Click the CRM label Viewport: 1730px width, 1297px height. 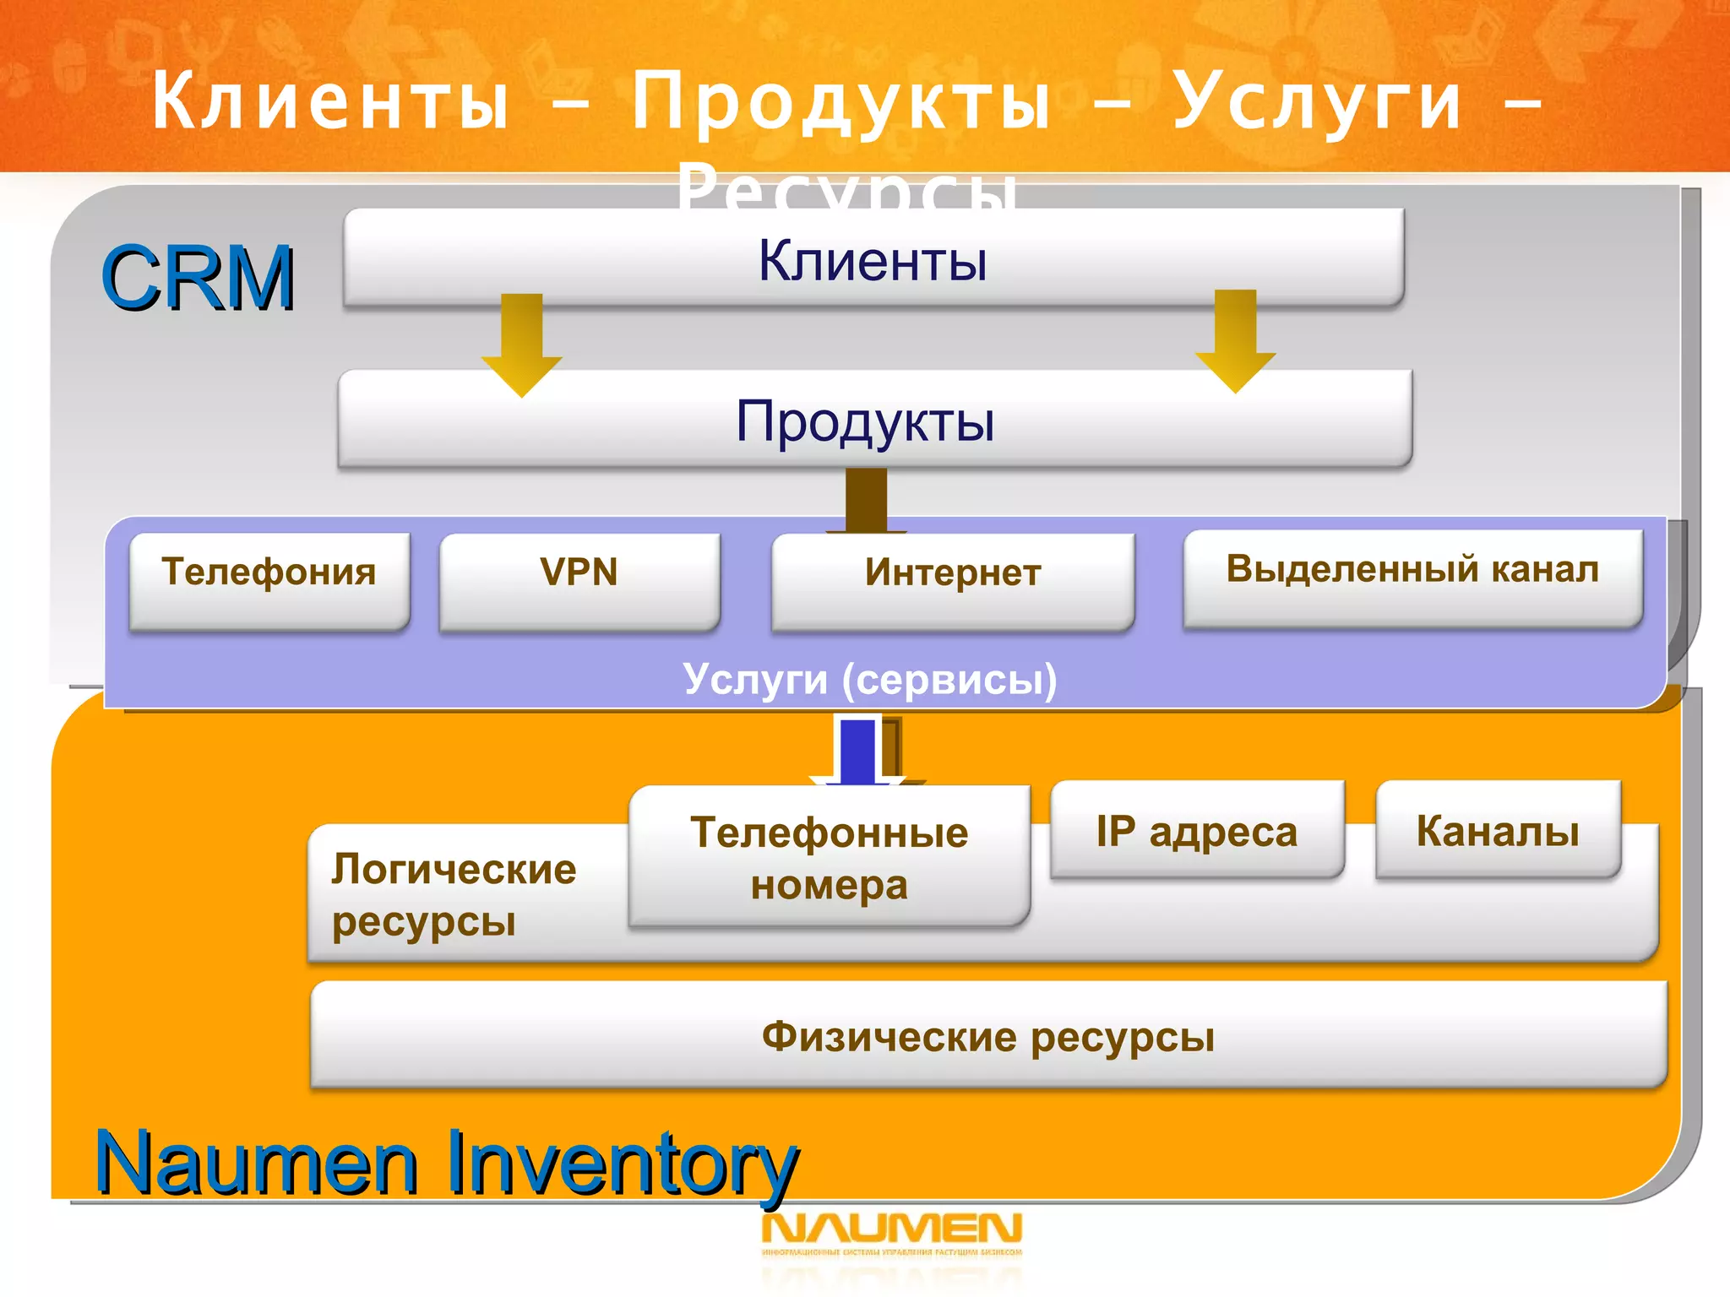[x=198, y=278]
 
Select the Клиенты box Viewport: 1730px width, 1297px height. [x=873, y=259]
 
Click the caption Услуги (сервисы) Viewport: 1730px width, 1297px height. [x=869, y=679]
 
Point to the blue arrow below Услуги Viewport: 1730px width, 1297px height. [x=858, y=751]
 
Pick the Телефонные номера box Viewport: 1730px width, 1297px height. [x=829, y=857]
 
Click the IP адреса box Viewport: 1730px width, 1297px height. [x=1196, y=830]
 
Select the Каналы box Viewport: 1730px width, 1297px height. [x=1497, y=830]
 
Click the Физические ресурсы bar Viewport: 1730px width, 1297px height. [x=987, y=1035]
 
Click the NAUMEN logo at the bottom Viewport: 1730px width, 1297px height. [x=891, y=1230]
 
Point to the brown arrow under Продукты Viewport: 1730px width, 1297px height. [x=866, y=500]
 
